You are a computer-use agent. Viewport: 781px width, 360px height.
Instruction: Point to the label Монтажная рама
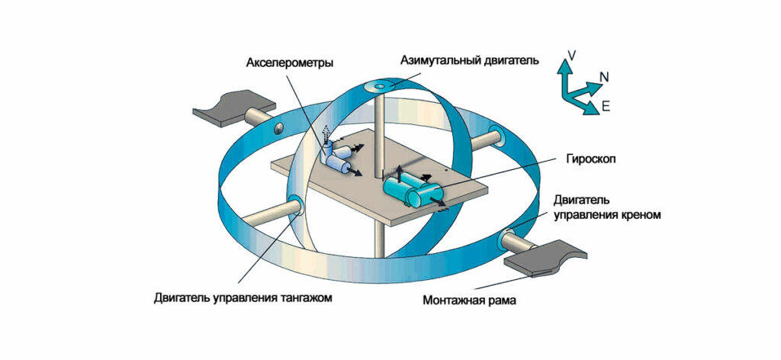coord(470,300)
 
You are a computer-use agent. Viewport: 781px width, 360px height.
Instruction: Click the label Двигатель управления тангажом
coord(249,297)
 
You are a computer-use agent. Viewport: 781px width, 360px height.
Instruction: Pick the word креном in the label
coord(641,215)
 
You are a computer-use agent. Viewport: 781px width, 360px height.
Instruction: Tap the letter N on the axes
coord(603,76)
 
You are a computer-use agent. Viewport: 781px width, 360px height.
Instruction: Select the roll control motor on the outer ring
coord(509,239)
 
